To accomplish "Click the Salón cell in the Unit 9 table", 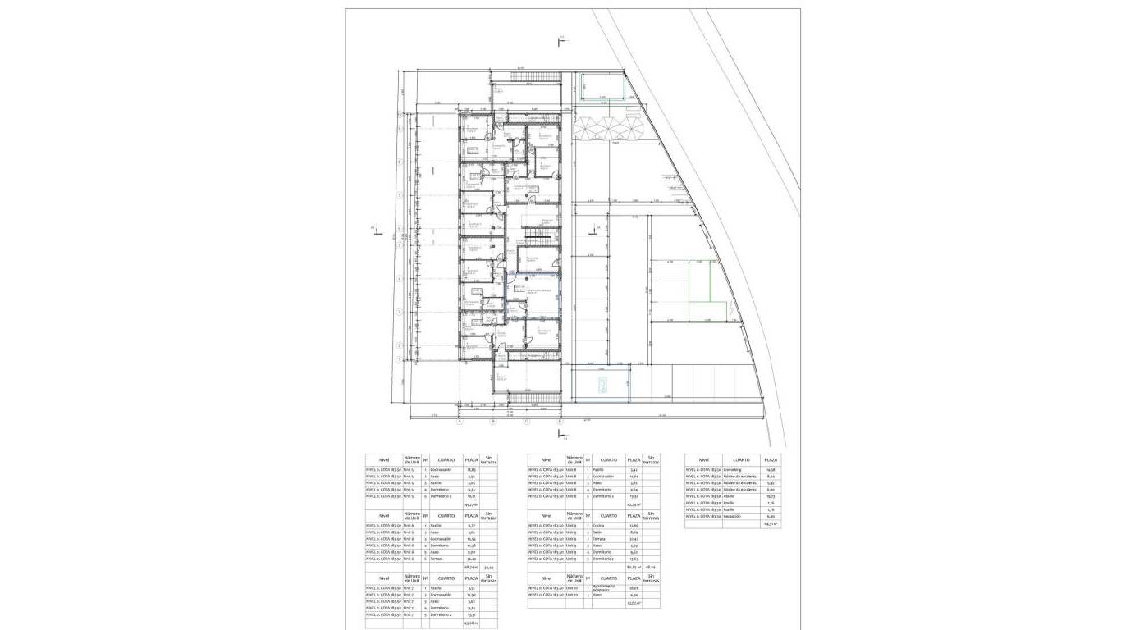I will [598, 532].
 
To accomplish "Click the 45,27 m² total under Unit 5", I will [471, 504].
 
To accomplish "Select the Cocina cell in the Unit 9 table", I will [599, 525].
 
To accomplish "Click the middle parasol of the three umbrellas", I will [608, 128].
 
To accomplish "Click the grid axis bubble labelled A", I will [460, 422].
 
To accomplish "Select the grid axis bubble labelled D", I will [560, 422].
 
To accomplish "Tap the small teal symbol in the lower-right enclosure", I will [602, 388].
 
